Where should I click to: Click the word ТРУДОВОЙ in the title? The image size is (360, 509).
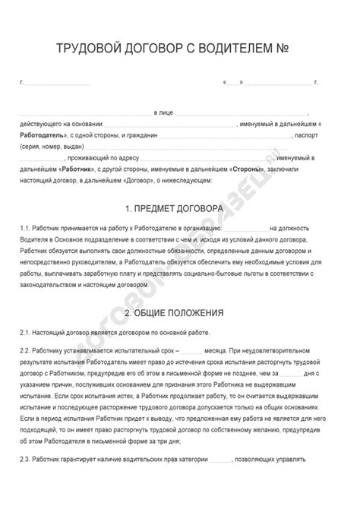point(87,48)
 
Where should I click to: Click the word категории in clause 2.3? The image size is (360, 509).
point(191,459)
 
